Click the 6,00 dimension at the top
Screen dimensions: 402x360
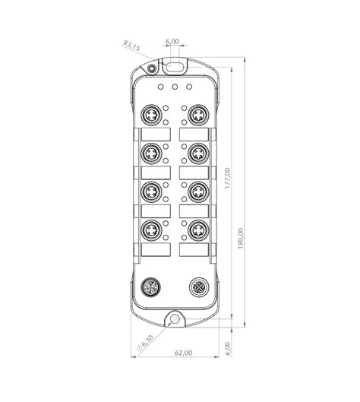click(172, 42)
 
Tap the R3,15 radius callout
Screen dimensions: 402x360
click(131, 47)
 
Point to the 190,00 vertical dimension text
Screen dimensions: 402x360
click(242, 241)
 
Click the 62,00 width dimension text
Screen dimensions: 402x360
click(184, 353)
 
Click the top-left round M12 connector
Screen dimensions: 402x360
click(152, 116)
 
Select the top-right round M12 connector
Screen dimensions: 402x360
click(197, 116)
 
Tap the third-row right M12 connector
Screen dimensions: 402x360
click(197, 191)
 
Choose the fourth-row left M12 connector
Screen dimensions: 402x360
click(152, 228)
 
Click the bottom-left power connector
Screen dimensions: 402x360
click(150, 287)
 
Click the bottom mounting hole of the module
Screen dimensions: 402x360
click(175, 318)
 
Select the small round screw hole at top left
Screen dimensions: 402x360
click(152, 70)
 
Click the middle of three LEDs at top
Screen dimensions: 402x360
click(175, 87)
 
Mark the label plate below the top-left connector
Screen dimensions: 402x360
click(152, 135)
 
